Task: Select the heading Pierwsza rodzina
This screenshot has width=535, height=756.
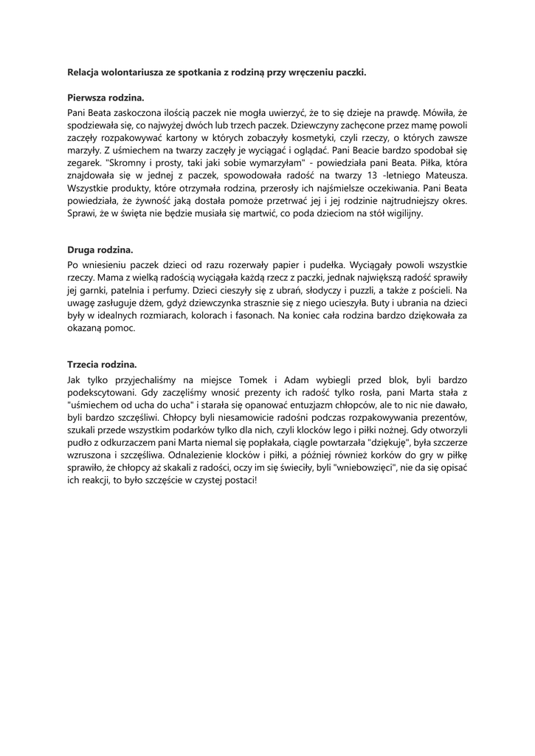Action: pyautogui.click(x=106, y=97)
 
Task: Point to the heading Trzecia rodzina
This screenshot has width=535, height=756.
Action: pyautogui.click(x=102, y=365)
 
